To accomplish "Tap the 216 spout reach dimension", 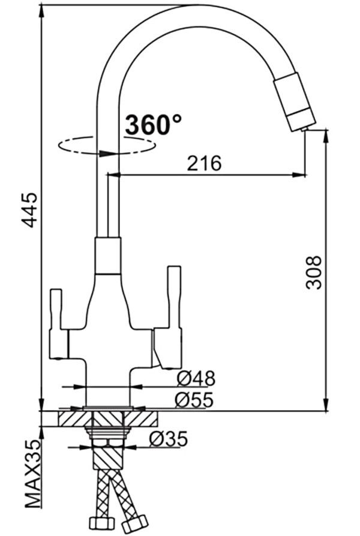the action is pyautogui.click(x=204, y=164).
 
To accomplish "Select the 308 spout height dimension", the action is pyautogui.click(x=313, y=273).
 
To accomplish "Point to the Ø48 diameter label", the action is pyautogui.click(x=196, y=379).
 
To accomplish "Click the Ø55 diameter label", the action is pyautogui.click(x=194, y=400).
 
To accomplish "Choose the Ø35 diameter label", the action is pyautogui.click(x=169, y=439).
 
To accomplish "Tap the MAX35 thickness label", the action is pyautogui.click(x=33, y=478).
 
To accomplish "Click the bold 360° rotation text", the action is pyautogui.click(x=154, y=125).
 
